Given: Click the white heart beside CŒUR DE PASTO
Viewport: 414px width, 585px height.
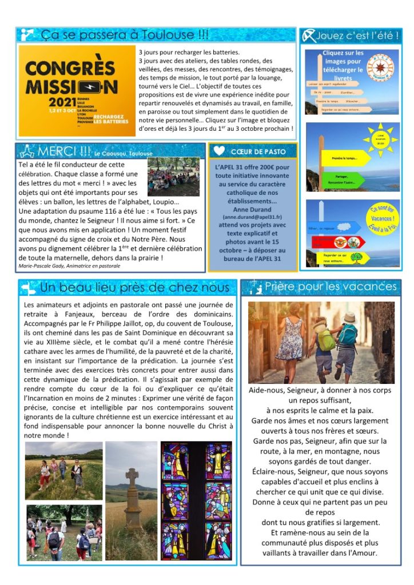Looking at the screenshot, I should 218,151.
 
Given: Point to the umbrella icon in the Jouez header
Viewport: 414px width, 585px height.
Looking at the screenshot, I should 309,36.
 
